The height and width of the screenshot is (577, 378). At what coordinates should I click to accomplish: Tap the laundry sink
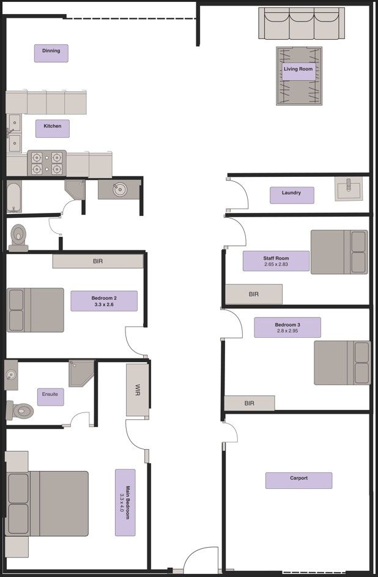tap(349, 189)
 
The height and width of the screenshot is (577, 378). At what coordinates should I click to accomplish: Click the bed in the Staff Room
tap(339, 251)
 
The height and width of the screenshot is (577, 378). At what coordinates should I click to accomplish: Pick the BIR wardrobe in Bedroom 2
tap(98, 261)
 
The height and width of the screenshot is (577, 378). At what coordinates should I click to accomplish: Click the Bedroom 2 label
tap(103, 301)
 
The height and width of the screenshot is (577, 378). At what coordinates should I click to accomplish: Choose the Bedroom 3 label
tap(287, 327)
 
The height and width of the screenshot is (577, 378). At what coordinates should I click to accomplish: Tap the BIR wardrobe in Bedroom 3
tap(249, 403)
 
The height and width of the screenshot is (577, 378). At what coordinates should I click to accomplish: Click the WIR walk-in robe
tap(137, 390)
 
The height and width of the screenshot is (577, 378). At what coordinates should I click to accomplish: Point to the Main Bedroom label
tap(125, 502)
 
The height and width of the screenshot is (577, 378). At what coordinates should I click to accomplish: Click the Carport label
tap(298, 480)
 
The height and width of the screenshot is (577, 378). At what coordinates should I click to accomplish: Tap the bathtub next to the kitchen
tap(14, 196)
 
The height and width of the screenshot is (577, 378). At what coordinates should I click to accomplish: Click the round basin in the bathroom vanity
tap(119, 190)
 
